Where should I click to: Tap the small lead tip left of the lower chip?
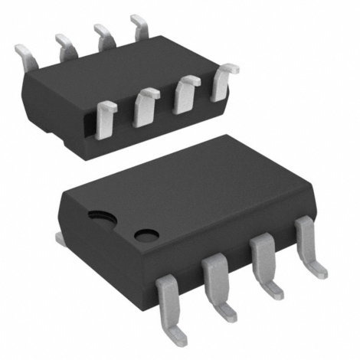pyautogui.click(x=59, y=239)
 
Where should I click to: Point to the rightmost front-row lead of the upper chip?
pyautogui.click(x=221, y=82)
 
